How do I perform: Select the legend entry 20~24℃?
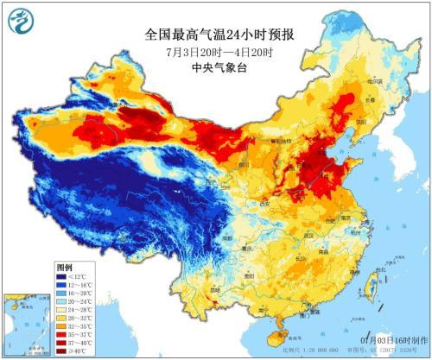coord(73,302)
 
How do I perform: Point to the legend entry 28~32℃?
coord(73,319)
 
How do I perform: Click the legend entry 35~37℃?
coord(73,335)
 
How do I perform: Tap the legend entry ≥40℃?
coord(73,351)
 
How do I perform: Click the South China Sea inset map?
coord(28,323)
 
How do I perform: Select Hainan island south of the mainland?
coord(278,328)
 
